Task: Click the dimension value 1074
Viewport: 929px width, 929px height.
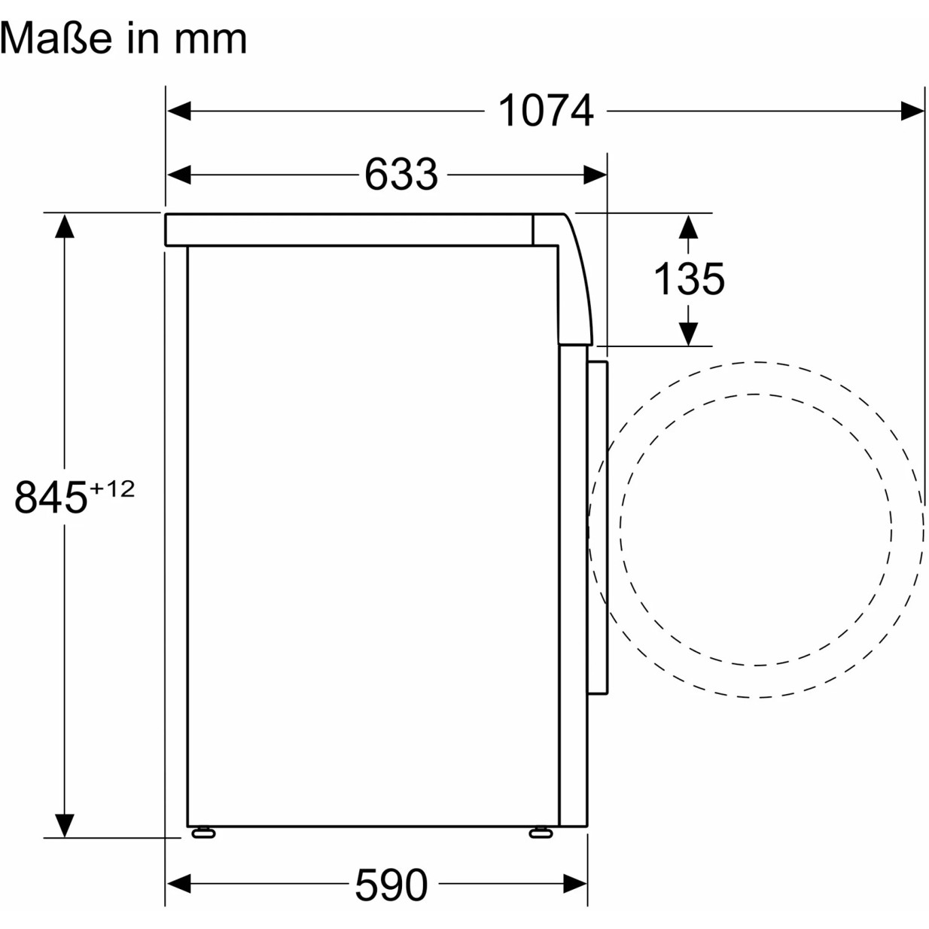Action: click(545, 111)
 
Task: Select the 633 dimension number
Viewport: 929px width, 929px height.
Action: click(401, 174)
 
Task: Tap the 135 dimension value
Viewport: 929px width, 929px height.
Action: click(689, 279)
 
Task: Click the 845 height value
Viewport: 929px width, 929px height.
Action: click(50, 497)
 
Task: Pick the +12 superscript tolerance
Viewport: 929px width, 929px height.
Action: click(112, 489)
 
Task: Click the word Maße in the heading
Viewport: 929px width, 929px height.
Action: click(56, 38)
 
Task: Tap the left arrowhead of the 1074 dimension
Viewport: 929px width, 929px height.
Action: click(179, 111)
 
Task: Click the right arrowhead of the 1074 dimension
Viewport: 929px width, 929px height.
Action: click(912, 111)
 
